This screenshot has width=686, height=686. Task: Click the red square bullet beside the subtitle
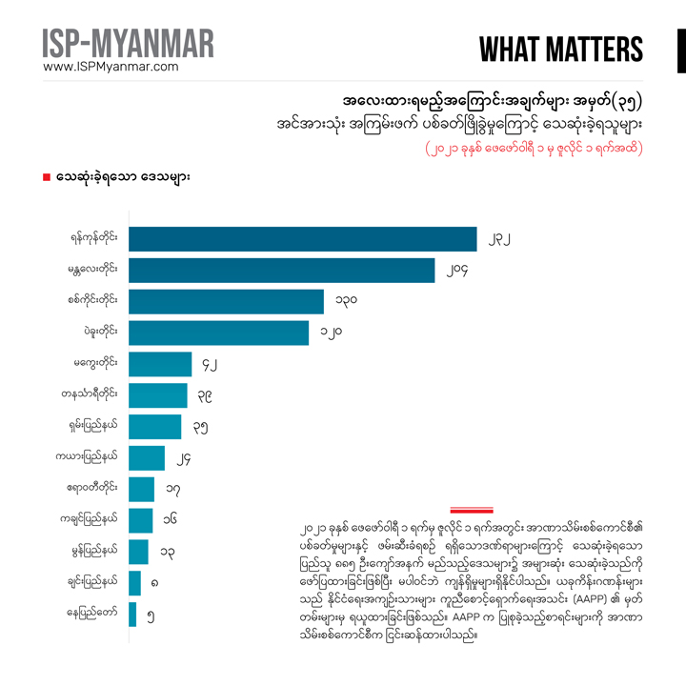(46, 178)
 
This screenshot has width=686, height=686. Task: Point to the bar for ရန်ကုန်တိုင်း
(302, 239)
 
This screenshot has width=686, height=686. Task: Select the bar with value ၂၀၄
(281, 271)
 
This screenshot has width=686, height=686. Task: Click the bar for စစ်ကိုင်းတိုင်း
(226, 301)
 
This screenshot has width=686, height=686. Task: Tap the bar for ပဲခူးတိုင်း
(218, 333)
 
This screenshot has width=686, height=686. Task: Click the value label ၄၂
(213, 364)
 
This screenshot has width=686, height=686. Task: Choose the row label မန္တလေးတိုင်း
(91, 271)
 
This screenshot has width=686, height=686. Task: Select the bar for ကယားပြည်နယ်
(146, 457)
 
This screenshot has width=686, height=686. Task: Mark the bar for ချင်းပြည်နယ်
(134, 582)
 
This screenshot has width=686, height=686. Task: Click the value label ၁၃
(166, 552)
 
